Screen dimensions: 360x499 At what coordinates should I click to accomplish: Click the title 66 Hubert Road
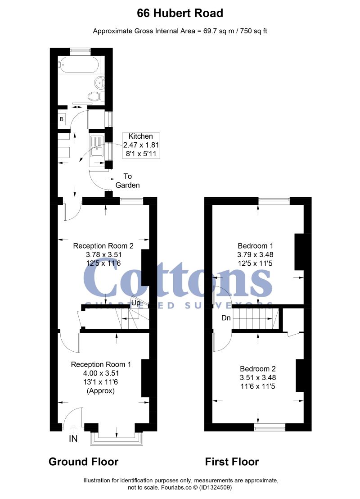pyautogui.click(x=180, y=13)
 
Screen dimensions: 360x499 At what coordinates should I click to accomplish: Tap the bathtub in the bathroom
pyautogui.click(x=79, y=65)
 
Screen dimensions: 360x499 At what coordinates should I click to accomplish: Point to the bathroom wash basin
pyautogui.click(x=99, y=82)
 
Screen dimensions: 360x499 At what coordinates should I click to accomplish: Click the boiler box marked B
pyautogui.click(x=62, y=119)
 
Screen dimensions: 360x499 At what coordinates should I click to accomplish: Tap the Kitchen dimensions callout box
pyautogui.click(x=141, y=145)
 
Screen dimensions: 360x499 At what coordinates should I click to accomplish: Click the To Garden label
pyautogui.click(x=127, y=181)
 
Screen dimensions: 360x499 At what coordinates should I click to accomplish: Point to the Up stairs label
pyautogui.click(x=135, y=303)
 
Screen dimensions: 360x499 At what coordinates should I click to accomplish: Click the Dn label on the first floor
pyautogui.click(x=226, y=318)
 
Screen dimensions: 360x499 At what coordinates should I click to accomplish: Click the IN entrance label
pyautogui.click(x=73, y=439)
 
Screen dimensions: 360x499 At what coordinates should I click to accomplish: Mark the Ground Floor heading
pyautogui.click(x=83, y=462)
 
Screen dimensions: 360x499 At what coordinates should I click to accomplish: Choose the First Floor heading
pyautogui.click(x=232, y=462)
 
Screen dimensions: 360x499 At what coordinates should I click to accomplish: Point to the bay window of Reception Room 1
pyautogui.click(x=117, y=439)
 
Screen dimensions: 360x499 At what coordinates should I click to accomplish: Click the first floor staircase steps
pyautogui.click(x=256, y=318)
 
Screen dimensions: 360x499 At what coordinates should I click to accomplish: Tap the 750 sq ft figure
pyautogui.click(x=253, y=31)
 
